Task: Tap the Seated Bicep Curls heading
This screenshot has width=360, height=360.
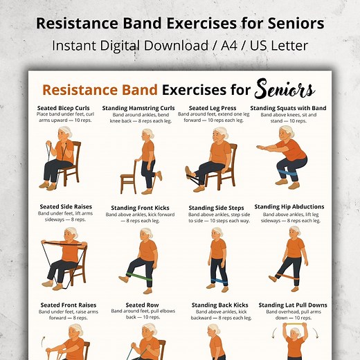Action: click(x=64, y=108)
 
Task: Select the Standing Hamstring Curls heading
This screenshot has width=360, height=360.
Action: click(x=138, y=108)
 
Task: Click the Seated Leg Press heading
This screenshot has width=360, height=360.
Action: click(x=213, y=108)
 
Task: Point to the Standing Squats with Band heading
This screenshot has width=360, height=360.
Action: click(x=288, y=108)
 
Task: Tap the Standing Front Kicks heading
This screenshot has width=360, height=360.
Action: click(x=138, y=208)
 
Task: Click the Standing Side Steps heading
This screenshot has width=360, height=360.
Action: click(x=215, y=208)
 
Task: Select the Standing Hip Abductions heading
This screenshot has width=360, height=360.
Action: click(x=289, y=206)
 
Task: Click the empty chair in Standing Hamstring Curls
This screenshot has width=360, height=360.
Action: click(x=128, y=175)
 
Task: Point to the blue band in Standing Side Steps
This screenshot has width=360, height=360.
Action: click(x=219, y=280)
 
